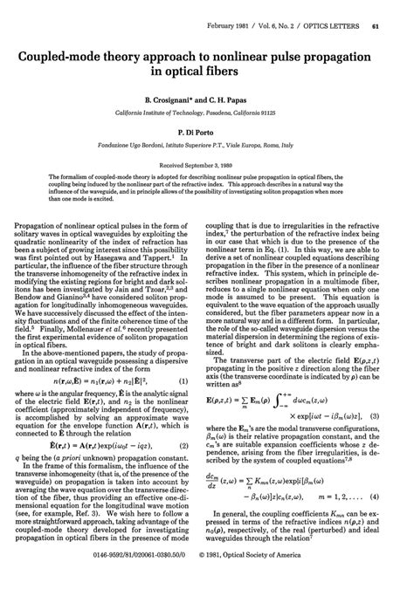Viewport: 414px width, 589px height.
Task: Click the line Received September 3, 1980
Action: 207,162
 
